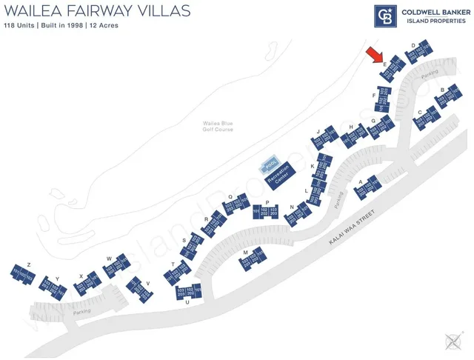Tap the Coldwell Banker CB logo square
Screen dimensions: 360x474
coord(385,16)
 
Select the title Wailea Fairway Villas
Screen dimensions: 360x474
coord(97,10)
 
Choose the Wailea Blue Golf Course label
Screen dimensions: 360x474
coord(219,127)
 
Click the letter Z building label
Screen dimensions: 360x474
coord(27,264)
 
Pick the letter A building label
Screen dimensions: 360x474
coord(360,181)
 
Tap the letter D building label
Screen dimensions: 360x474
coord(412,44)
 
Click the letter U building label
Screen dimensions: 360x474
coord(187,302)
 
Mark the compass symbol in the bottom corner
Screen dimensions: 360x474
coord(453,341)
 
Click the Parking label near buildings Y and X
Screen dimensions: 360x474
coord(81,312)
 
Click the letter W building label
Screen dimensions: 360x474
coord(109,259)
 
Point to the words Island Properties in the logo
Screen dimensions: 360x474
coord(433,20)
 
